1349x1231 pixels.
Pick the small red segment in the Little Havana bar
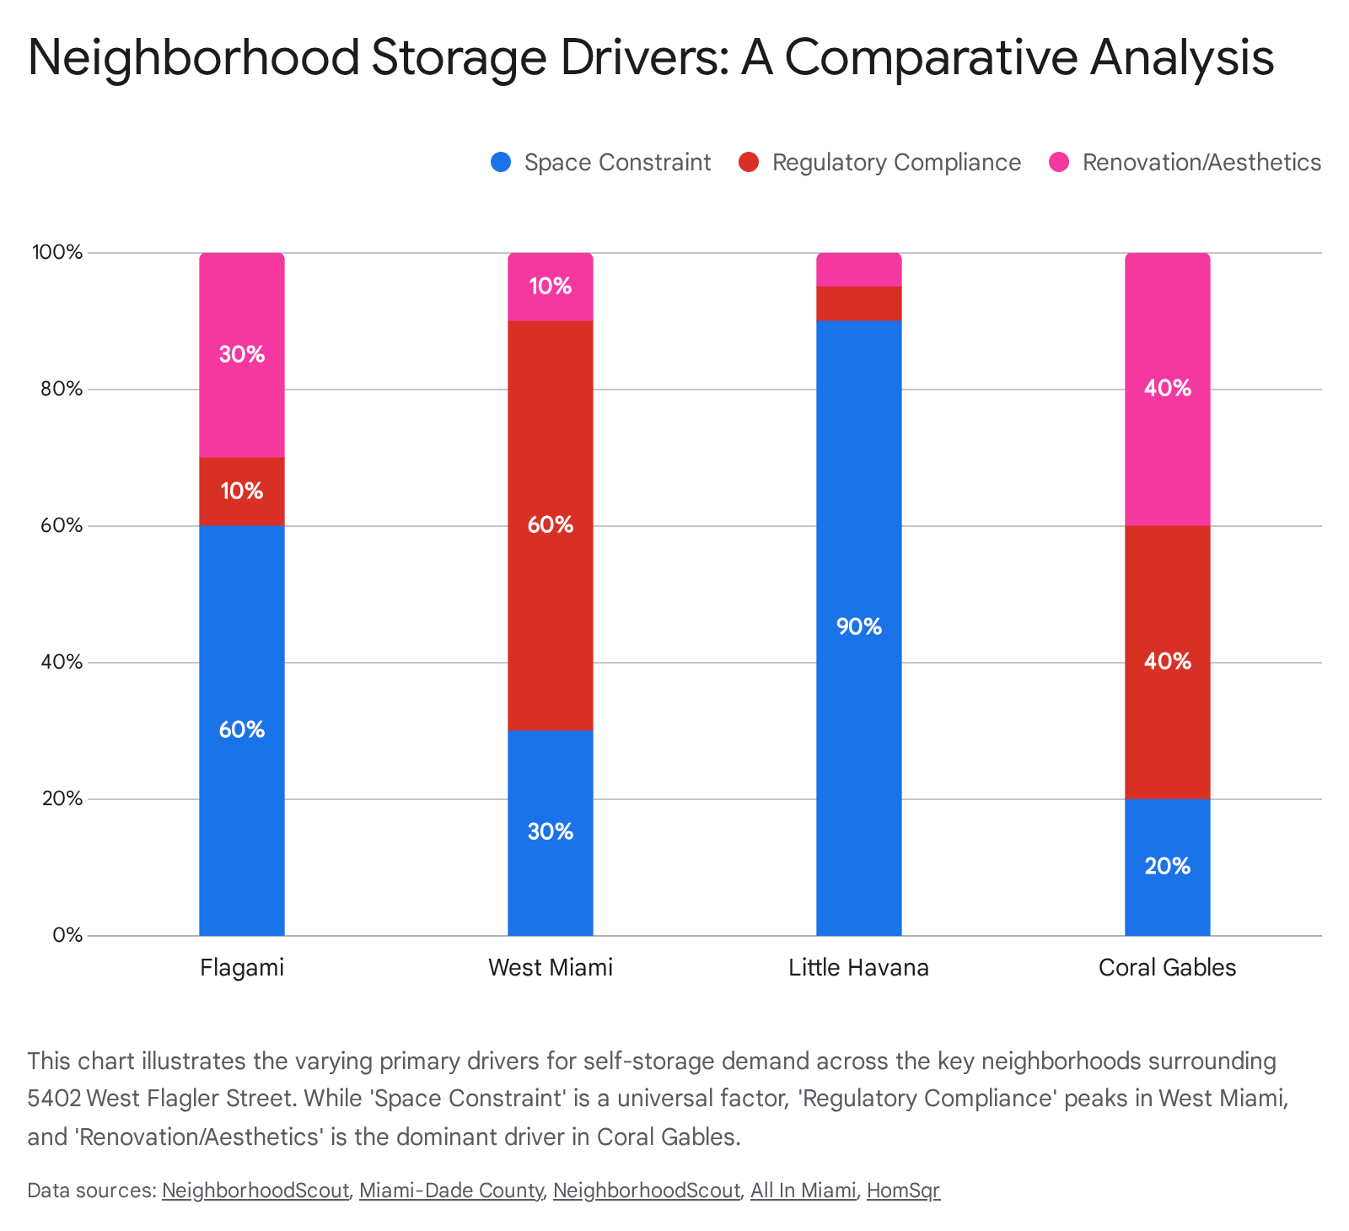pos(859,304)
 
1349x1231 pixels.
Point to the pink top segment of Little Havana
pos(859,270)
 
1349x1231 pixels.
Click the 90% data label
pos(859,627)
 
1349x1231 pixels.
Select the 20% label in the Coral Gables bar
pos(1168,866)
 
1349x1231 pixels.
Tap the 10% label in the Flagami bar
pos(242,491)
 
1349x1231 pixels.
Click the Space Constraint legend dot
pos(501,163)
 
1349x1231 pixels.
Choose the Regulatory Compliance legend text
pos(896,163)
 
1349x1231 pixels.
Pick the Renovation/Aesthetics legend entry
pos(1201,163)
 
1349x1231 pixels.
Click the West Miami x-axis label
pos(551,967)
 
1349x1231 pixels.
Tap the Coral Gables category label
pos(1168,967)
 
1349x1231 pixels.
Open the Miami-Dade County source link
pos(451,1191)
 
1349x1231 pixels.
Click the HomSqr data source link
pos(903,1191)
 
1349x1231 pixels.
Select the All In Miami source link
pos(803,1191)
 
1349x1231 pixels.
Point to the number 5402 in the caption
pos(54,1099)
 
